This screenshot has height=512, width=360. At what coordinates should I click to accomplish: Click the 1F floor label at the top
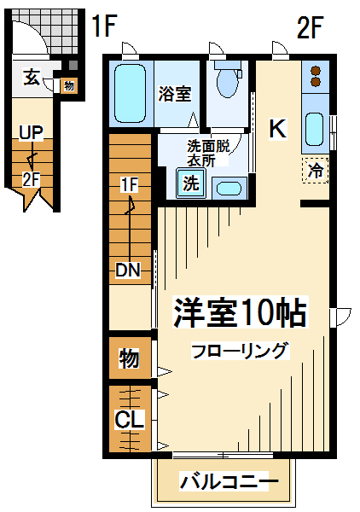click(x=104, y=26)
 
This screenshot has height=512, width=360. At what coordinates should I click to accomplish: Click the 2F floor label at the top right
click(x=310, y=27)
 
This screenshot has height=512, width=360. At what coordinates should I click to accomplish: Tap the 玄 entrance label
click(x=32, y=78)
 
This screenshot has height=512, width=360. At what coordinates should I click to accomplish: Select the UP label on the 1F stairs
click(x=31, y=132)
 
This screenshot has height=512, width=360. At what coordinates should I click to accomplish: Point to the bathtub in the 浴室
click(x=130, y=93)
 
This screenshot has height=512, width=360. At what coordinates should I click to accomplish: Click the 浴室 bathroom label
click(x=175, y=94)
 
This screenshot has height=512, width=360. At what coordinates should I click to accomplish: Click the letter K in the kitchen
click(x=278, y=129)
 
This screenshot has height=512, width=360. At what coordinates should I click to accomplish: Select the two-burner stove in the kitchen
click(x=315, y=77)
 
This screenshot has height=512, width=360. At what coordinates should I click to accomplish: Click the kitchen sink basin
click(x=315, y=129)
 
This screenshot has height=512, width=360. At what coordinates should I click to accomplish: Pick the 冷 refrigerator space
click(x=315, y=170)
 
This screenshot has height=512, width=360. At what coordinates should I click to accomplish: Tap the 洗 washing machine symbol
click(x=191, y=183)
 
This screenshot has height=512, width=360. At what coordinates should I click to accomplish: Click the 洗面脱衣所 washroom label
click(x=208, y=154)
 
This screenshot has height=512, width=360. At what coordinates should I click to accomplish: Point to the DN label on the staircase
click(x=128, y=270)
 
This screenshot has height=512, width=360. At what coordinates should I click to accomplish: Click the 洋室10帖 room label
click(x=241, y=312)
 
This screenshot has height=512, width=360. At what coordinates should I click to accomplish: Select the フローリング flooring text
click(x=241, y=351)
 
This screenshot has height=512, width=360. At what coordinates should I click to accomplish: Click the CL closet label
click(x=130, y=420)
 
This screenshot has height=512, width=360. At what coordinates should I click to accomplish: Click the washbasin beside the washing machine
click(x=229, y=189)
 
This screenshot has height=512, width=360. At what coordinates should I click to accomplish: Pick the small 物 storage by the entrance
click(x=69, y=86)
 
